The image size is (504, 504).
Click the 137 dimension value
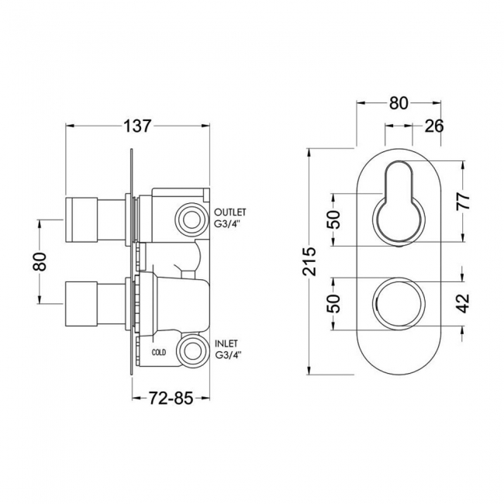click(x=137, y=126)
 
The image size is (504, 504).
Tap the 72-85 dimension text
click(x=171, y=399)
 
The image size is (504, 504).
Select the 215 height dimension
click(x=309, y=261)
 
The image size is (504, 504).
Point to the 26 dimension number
click(x=434, y=126)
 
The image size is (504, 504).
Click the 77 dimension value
click(x=463, y=202)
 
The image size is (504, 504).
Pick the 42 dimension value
click(x=463, y=303)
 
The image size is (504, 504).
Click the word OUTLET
click(x=230, y=212)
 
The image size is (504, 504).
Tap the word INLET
click(x=226, y=344)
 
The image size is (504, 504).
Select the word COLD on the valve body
click(x=159, y=352)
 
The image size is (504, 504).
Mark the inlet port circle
click(x=192, y=351)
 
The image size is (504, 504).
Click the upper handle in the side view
click(x=95, y=220)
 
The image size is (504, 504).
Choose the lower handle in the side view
click(x=95, y=304)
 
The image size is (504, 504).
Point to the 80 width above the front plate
click(x=399, y=103)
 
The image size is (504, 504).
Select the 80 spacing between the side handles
click(x=40, y=261)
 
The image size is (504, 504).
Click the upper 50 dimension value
click(x=333, y=219)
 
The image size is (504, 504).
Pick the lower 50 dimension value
click(x=333, y=303)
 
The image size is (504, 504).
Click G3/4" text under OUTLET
click(x=228, y=224)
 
